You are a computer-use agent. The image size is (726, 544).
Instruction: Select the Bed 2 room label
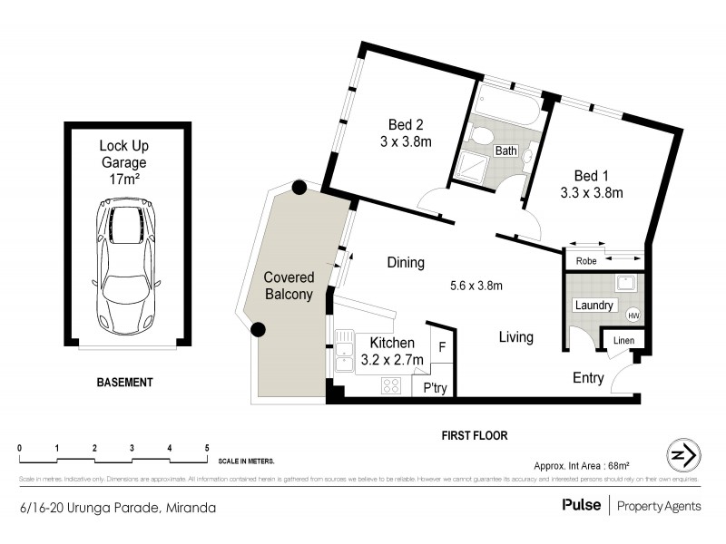pyautogui.click(x=407, y=133)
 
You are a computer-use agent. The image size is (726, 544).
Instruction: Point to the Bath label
pyautogui.click(x=505, y=151)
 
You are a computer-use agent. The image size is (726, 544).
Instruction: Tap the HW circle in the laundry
pyautogui.click(x=633, y=315)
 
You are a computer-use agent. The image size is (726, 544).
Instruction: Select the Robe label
pyautogui.click(x=586, y=259)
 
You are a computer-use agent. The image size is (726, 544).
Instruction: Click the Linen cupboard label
pyautogui.click(x=623, y=339)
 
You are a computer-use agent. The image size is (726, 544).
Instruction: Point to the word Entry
pyautogui.click(x=587, y=378)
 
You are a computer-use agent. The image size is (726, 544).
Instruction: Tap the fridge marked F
pyautogui.click(x=442, y=346)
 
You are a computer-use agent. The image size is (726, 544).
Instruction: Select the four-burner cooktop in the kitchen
pyautogui.click(x=391, y=386)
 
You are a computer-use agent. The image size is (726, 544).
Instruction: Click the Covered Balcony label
pyautogui.click(x=289, y=286)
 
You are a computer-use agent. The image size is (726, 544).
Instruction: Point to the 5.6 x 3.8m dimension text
pyautogui.click(x=476, y=286)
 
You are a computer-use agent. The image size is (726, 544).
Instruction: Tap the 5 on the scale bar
pyautogui.click(x=208, y=449)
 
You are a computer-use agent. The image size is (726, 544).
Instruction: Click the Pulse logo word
pyautogui.click(x=581, y=506)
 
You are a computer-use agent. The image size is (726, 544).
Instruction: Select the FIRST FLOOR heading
pyautogui.click(x=474, y=435)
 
